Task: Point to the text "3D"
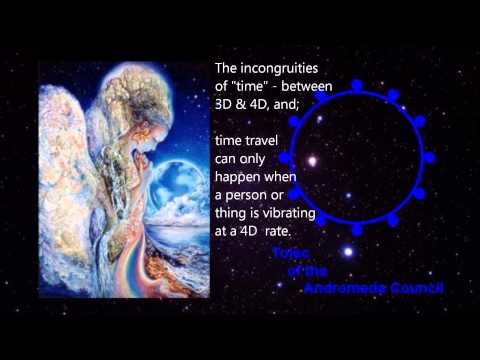pos(227,105)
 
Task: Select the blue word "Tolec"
pos(293,253)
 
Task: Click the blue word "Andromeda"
pos(348,289)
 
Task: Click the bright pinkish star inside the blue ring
pos(313,160)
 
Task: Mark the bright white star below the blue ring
pos(349,252)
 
